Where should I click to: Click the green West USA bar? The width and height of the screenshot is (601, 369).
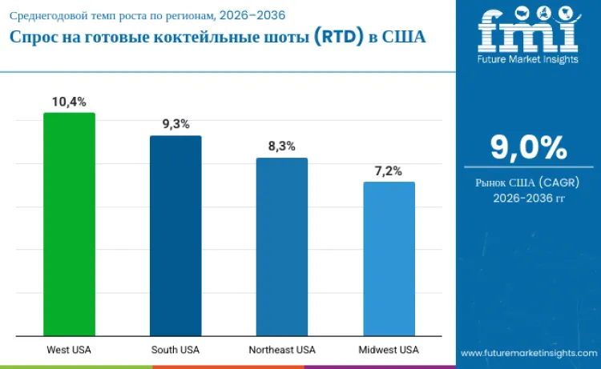click(x=69, y=224)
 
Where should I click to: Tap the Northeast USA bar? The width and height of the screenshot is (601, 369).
click(x=282, y=247)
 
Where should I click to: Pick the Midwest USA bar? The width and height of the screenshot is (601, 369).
click(x=389, y=259)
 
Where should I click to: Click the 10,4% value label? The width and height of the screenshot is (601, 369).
click(x=69, y=102)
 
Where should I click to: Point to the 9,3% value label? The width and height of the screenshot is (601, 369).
click(x=175, y=124)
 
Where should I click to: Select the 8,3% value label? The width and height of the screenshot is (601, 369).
click(x=282, y=146)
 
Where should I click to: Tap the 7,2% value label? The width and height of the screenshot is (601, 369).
click(x=389, y=170)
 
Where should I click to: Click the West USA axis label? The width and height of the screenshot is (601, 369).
click(x=69, y=350)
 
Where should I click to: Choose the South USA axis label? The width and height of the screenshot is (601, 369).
click(x=175, y=350)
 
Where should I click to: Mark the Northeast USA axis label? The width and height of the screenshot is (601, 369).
click(x=282, y=350)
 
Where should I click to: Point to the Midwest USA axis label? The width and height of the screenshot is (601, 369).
click(x=389, y=350)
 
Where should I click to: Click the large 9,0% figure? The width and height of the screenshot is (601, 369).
click(x=528, y=148)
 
